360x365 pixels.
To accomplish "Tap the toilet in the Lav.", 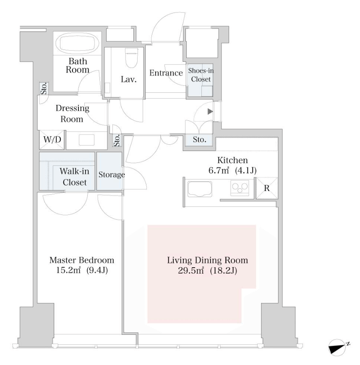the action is point(132,58).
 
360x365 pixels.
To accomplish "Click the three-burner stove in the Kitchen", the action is point(240,188).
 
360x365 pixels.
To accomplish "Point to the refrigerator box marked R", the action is point(267,188).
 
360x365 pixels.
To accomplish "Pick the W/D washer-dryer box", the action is point(52,140).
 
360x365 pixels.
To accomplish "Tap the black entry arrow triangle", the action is point(210,112).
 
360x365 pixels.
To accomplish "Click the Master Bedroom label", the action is point(82,260).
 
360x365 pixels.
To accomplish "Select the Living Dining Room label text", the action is point(207,260).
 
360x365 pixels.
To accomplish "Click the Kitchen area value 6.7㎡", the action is point(219,170).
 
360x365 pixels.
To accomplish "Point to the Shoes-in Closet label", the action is point(201,75).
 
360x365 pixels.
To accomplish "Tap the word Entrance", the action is point(166,73).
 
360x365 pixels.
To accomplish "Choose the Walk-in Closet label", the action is point(75,177).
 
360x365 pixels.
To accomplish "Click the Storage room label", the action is point(112,175).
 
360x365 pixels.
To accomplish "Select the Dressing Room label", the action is point(72,113).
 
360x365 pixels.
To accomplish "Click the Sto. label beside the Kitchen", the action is point(200,140).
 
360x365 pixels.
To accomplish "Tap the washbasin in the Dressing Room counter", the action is point(86,140).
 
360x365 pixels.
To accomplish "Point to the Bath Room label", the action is point(78,65).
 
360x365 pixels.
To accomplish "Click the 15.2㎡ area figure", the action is point(68,271).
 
